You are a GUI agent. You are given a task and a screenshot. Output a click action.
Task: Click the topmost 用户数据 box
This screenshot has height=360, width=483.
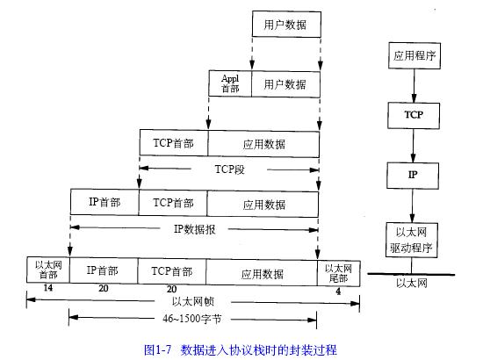point(286,25)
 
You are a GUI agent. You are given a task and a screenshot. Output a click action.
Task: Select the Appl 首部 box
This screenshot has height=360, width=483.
point(230,83)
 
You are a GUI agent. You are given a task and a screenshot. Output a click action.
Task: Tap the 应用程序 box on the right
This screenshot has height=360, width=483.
point(415,55)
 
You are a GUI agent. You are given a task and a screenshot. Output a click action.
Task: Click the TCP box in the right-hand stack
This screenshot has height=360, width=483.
point(414,116)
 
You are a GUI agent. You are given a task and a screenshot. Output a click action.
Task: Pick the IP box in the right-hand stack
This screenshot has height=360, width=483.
point(413,176)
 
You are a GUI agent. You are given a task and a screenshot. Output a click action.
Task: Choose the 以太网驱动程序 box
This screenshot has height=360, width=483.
point(412,240)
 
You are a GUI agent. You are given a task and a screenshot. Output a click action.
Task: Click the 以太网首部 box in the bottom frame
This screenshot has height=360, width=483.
point(48,270)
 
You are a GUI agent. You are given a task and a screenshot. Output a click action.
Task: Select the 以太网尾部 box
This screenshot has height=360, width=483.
point(338,273)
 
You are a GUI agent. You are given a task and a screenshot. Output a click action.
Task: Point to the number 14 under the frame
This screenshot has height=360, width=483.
point(47,288)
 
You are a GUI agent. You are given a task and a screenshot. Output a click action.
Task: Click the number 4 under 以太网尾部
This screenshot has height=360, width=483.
point(338,292)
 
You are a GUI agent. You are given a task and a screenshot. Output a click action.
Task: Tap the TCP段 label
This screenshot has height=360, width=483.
point(229,169)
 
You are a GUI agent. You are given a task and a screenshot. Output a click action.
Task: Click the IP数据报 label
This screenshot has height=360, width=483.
point(194,229)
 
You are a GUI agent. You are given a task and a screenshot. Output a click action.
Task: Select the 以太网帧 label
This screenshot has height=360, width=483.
point(193,301)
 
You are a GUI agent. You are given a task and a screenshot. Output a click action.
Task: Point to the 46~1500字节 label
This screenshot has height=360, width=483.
point(192,319)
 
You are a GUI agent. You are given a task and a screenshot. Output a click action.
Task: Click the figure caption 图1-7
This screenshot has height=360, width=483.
point(157,349)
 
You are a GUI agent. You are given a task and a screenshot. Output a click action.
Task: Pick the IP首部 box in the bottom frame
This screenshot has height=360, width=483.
point(104,270)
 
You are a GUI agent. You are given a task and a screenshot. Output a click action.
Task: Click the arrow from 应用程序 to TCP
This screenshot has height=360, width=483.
point(414,86)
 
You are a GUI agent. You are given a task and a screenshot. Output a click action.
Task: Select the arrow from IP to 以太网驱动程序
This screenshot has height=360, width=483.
point(412,205)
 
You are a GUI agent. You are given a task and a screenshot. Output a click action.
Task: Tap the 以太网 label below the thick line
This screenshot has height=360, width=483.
point(412,283)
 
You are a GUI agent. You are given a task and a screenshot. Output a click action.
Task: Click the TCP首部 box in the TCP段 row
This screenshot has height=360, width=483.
point(174,143)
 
